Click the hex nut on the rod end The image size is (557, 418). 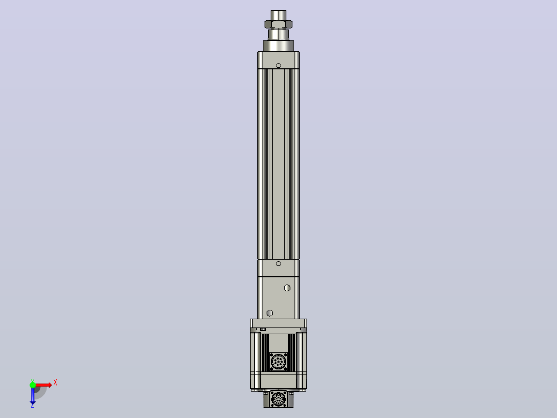278,24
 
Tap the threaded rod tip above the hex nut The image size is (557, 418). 278,15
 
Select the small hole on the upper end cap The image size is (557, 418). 278,66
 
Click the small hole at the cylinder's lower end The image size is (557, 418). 278,264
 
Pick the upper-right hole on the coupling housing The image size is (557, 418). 287,288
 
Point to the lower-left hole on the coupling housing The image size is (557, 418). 270,313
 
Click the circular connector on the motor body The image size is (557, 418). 278,362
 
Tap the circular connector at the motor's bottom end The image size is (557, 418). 278,399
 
